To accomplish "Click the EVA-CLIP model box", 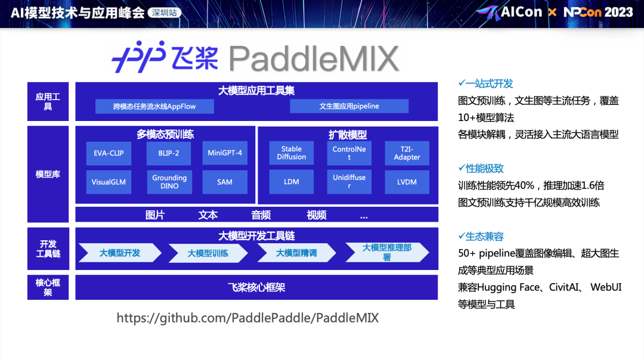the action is pos(109,153).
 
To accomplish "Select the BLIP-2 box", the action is pos(169,153).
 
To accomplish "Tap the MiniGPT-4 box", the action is pos(225,153).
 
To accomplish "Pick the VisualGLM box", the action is pos(109,182).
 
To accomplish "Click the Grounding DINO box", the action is pos(169,182).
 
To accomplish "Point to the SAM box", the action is pos(225,182).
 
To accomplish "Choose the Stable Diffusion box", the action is pos(292,153).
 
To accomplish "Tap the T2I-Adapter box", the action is pos(407,153).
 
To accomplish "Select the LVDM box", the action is pos(407,182).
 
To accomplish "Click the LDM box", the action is pos(292,182).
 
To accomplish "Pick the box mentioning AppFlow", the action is pos(154,106).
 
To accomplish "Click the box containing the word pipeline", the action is pos(349,106).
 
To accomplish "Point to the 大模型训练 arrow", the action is pos(208,253).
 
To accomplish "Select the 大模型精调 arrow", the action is pos(296,253).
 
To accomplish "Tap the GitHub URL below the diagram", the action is pos(247,318).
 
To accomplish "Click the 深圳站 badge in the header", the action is pos(165,13).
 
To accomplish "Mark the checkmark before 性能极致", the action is pos(461,168).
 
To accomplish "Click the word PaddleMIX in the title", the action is pos(314,58).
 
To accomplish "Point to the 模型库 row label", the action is pos(48,174).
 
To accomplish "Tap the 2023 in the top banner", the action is pos(618,13).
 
